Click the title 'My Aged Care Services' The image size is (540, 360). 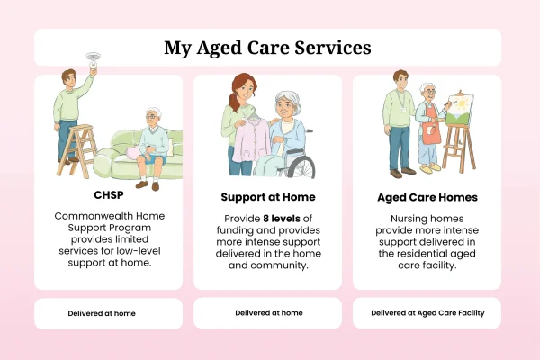pos(267,48)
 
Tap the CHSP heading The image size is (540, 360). pos(109,195)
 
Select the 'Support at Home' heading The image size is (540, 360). pos(268,197)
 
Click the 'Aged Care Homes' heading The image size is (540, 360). pos(427,197)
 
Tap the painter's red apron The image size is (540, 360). pos(431,125)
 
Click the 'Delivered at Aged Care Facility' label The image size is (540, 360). pos(427,313)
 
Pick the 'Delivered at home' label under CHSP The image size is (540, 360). pos(102,313)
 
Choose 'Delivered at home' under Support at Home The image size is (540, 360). pos(269,313)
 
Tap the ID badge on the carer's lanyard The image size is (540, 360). pos(403,109)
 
